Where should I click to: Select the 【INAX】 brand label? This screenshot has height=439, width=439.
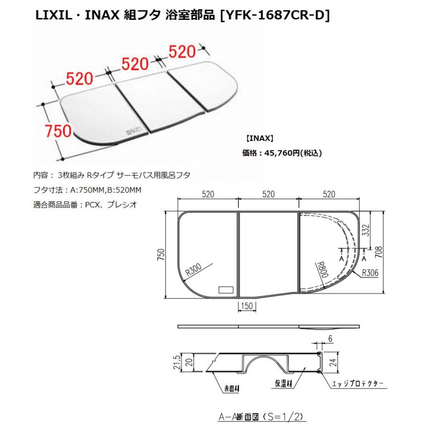tap(259, 139)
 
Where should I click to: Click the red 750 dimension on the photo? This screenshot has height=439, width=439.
tap(59, 131)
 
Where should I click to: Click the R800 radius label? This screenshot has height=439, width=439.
tap(322, 269)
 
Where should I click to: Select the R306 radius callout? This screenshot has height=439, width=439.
tap(370, 272)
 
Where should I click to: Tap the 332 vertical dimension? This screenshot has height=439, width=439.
tap(366, 230)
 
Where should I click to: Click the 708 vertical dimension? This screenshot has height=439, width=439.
tap(378, 252)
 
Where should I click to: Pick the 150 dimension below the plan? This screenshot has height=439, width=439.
tap(247, 306)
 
